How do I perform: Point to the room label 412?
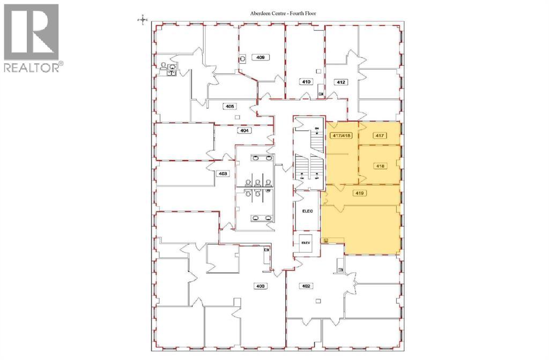coord(340,81)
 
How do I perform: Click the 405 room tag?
coord(230,107)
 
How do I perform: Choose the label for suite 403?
coord(222,173)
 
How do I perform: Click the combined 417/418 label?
coord(340,136)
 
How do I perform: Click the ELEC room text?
coord(307,211)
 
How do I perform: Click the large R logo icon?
coord(31,32)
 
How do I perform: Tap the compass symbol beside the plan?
coord(142,20)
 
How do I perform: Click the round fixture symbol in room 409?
coord(242,58)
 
